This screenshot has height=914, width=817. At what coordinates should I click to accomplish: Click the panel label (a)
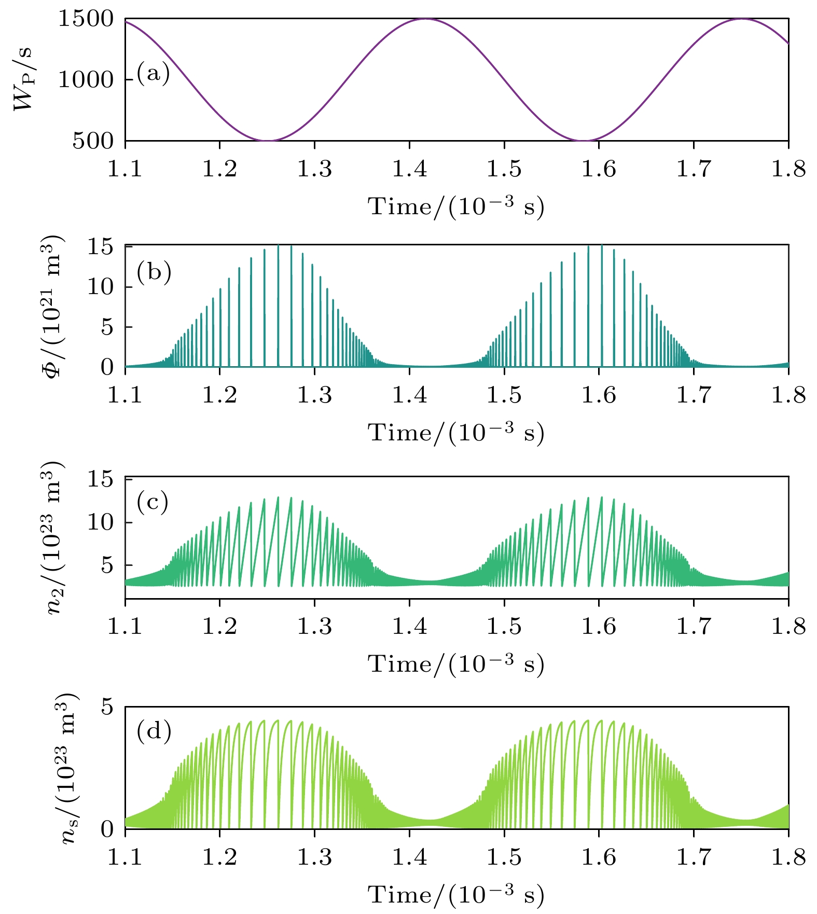pyautogui.click(x=154, y=74)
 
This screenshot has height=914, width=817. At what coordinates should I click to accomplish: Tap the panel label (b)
pyautogui.click(x=154, y=271)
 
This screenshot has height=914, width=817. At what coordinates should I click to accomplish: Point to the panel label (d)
pyautogui.click(x=154, y=731)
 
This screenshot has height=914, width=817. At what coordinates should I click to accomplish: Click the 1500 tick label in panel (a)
pyautogui.click(x=85, y=19)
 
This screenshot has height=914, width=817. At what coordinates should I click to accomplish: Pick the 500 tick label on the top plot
pyautogui.click(x=93, y=141)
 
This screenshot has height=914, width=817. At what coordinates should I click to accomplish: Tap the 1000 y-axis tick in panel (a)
pyautogui.click(x=85, y=80)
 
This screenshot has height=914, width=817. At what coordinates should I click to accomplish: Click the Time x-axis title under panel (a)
pyautogui.click(x=456, y=207)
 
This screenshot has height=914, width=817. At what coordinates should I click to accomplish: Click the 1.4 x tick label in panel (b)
pyautogui.click(x=409, y=395)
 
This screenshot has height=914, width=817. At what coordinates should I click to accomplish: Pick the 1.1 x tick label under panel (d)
pyautogui.click(x=125, y=857)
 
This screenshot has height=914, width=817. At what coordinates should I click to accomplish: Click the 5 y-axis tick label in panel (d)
pyautogui.click(x=107, y=708)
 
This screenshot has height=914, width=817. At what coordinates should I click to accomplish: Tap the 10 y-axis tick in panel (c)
pyautogui.click(x=100, y=522)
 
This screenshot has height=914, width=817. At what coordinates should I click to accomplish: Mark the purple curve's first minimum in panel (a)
pyautogui.click(x=267, y=141)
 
